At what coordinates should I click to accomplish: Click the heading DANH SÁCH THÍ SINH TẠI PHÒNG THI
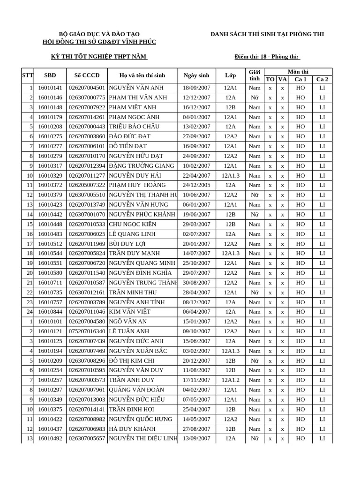[267, 34]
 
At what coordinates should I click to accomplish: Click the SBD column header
[50, 75]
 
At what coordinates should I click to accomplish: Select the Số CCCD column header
[87, 75]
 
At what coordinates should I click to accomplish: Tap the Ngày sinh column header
[196, 75]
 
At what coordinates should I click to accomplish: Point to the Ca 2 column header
[322, 79]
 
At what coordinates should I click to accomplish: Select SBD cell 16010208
[50, 127]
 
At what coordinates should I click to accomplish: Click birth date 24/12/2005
[196, 185]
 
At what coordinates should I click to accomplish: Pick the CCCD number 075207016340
[87, 331]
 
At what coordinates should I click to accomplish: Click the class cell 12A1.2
[230, 380]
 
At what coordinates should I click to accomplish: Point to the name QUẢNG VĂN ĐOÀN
[136, 390]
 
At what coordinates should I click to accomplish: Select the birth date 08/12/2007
[196, 302]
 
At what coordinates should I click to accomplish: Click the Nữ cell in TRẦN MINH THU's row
[255, 292]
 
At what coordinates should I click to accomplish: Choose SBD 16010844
[50, 312]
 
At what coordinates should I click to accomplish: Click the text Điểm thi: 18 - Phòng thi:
[267, 57]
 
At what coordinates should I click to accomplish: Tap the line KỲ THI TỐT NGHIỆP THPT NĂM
[99, 57]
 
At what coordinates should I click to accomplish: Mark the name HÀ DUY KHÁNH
[133, 429]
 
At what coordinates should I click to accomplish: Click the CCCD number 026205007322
[87, 185]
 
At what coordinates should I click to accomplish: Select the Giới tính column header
[255, 75]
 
